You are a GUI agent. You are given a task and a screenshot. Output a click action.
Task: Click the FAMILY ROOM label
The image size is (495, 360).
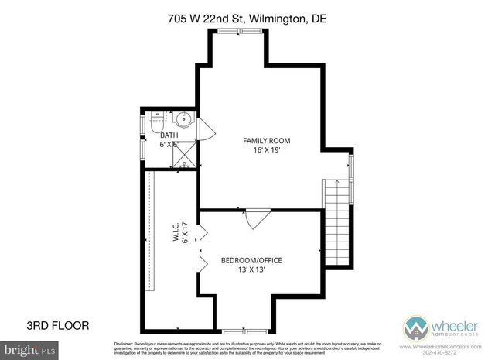coord(260,140)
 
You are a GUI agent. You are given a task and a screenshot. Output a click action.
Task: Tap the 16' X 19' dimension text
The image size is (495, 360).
coord(260,151)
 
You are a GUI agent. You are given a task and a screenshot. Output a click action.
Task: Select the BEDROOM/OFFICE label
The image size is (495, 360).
coord(251,260)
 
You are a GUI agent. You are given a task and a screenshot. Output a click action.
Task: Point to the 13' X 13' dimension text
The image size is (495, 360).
coord(251,271)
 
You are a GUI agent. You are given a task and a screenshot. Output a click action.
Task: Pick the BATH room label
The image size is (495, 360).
coord(169,135)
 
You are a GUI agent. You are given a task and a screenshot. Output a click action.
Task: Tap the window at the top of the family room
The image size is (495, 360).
coord(229,31)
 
